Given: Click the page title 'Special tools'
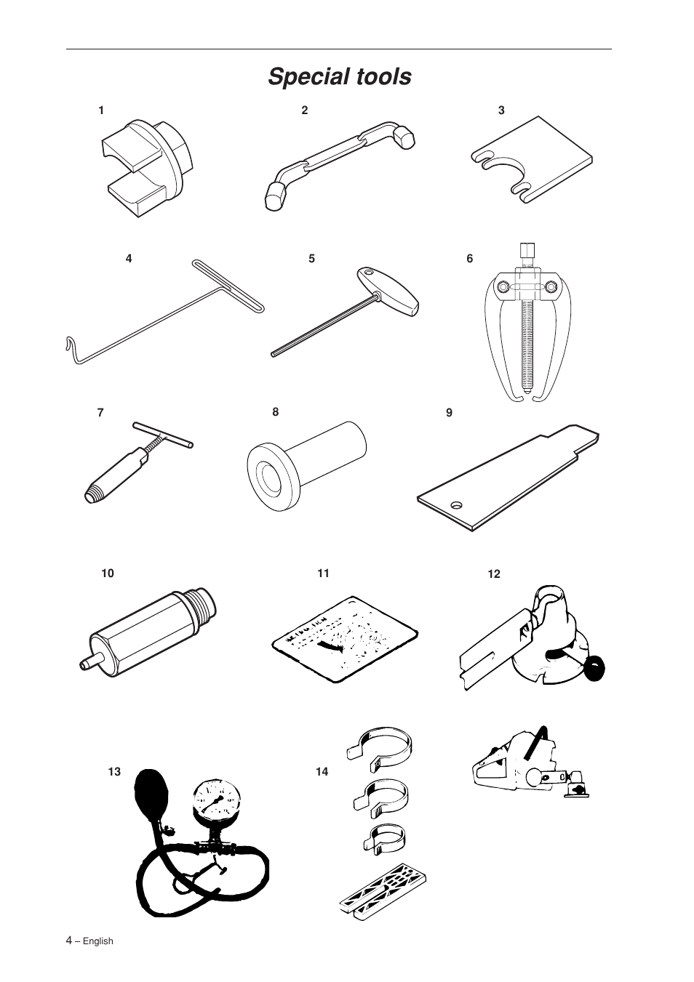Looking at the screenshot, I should point(339,76).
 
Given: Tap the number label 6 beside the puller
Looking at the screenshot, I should point(469,258).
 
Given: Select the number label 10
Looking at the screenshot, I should point(108,573).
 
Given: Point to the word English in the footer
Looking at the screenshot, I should point(97,941).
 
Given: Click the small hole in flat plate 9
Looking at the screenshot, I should point(456,504).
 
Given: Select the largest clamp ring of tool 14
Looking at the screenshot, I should point(383,744).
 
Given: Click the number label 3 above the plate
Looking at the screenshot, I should point(501,110).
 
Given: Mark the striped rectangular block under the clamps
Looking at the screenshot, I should point(383,891).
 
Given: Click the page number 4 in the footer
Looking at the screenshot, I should point(69,941).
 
